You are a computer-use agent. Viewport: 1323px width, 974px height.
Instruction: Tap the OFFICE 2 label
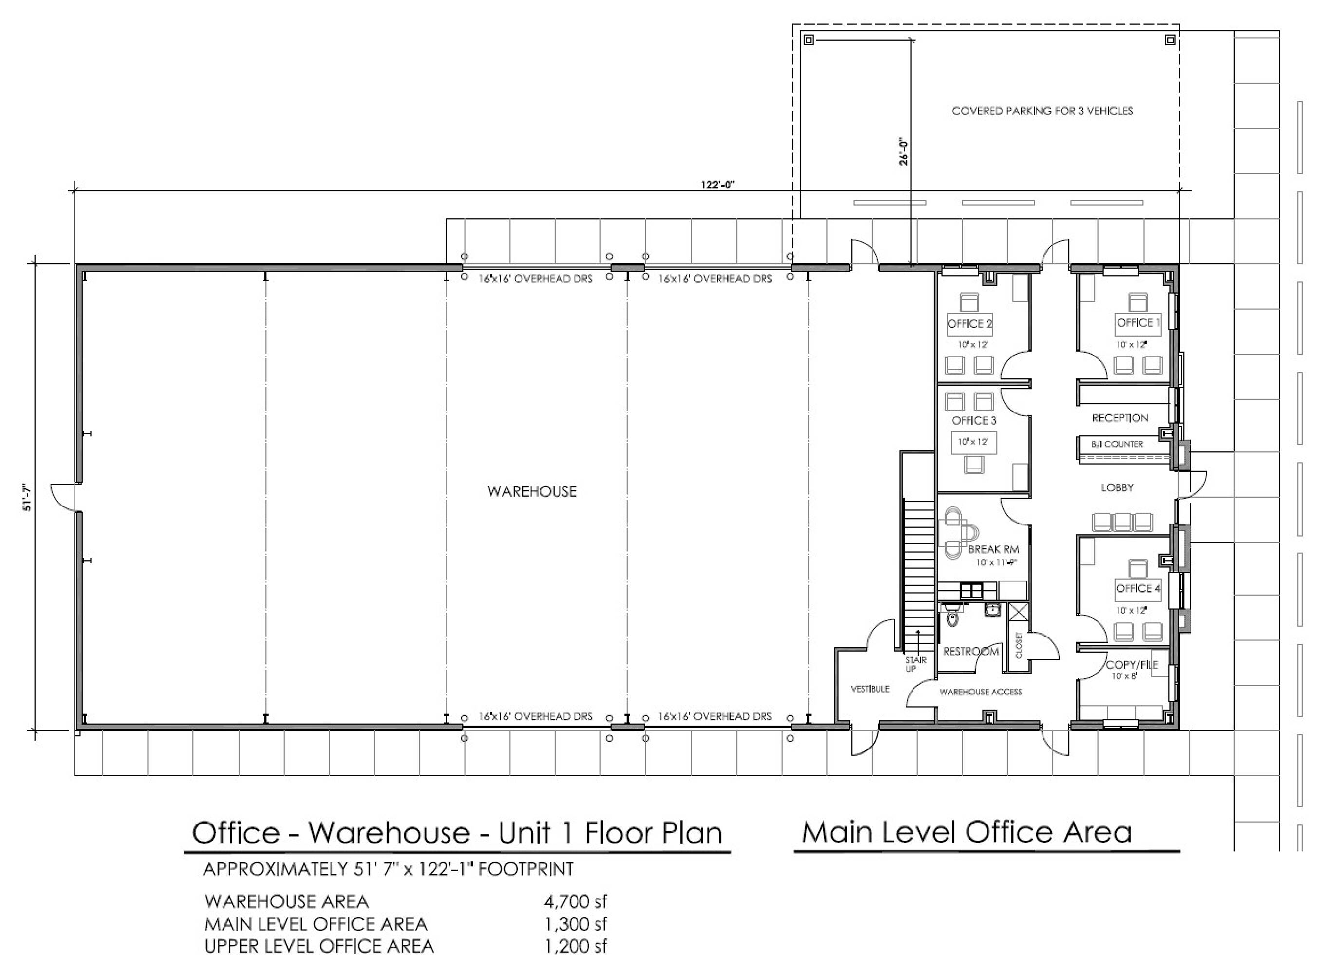pyautogui.click(x=969, y=324)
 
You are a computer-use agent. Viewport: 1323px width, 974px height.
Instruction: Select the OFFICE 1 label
pyautogui.click(x=1138, y=322)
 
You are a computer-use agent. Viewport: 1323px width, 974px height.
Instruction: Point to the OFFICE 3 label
pyautogui.click(x=974, y=420)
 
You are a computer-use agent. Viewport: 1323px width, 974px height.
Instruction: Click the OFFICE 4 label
pyautogui.click(x=1138, y=588)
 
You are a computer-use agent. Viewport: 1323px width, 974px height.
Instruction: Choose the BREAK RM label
pyautogui.click(x=993, y=549)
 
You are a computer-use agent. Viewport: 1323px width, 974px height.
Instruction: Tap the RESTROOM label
pyautogui.click(x=971, y=652)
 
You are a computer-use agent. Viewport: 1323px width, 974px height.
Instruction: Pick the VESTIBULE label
pyautogui.click(x=870, y=689)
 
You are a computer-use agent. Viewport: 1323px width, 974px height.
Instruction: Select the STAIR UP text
pyautogui.click(x=915, y=664)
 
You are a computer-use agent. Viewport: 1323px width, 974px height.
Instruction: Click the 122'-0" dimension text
pyautogui.click(x=718, y=185)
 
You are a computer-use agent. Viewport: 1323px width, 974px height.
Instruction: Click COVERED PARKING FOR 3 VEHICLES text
pyautogui.click(x=1043, y=111)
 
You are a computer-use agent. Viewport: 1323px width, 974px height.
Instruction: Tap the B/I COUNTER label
pyautogui.click(x=1117, y=444)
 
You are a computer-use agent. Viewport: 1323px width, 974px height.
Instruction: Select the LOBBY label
pyautogui.click(x=1117, y=487)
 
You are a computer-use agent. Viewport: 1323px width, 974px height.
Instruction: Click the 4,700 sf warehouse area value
pyautogui.click(x=575, y=901)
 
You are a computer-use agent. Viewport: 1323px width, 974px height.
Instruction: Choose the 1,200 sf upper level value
pyautogui.click(x=575, y=946)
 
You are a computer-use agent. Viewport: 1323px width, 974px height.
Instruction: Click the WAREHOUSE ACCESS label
pyautogui.click(x=981, y=692)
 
